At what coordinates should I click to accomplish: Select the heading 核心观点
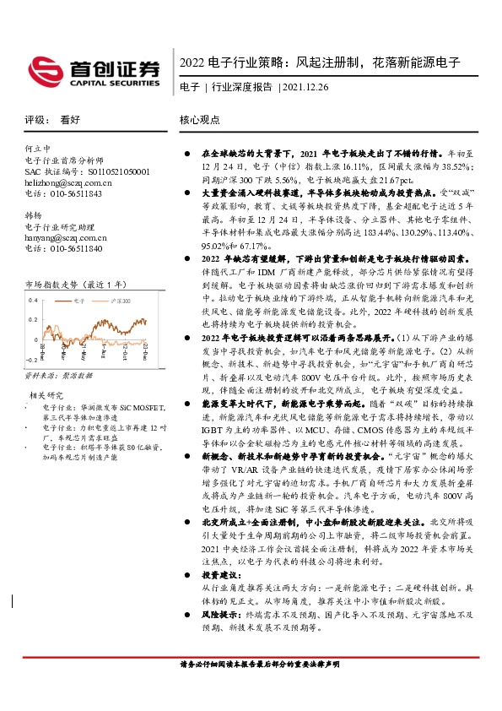(x=200, y=121)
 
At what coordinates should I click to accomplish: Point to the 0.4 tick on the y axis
(x=33, y=301)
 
